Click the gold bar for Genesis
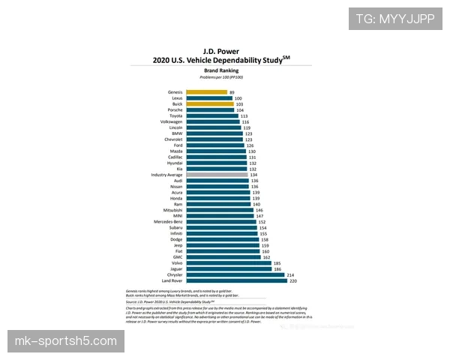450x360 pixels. click(206, 92)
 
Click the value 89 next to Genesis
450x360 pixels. click(232, 92)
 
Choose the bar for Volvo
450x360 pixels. click(229, 262)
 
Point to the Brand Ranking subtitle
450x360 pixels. click(226, 70)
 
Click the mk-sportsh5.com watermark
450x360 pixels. click(66, 342)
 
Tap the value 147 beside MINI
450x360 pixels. click(260, 215)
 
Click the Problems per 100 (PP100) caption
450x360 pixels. click(226, 76)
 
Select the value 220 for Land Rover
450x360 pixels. click(293, 280)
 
